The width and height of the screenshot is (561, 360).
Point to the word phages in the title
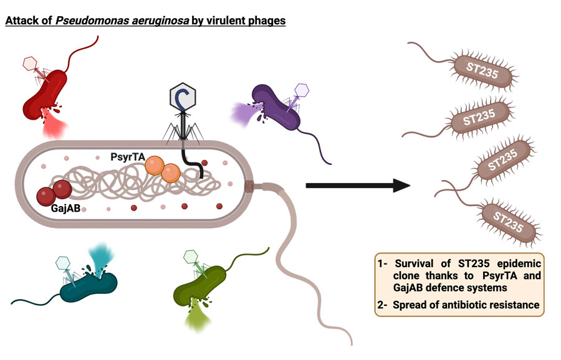[269, 21]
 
